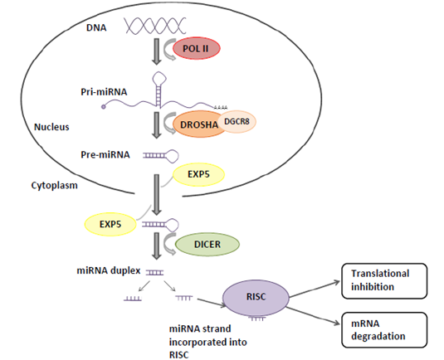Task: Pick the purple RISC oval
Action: coord(254,295)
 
